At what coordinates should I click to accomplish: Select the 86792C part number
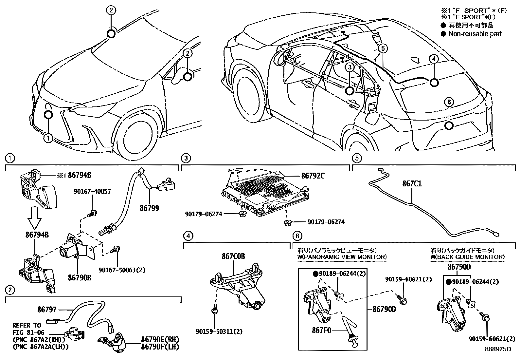point(313,176)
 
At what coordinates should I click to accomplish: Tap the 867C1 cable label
point(412,184)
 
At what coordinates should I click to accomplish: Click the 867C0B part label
point(233,256)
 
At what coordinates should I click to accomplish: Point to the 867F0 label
point(321,331)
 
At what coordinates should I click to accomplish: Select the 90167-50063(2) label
point(122,270)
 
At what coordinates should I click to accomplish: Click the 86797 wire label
point(47,309)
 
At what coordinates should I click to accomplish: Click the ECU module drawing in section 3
point(265,195)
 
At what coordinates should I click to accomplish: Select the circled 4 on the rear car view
point(433,59)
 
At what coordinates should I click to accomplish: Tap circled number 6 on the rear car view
point(449,102)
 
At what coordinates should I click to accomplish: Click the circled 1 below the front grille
point(48,138)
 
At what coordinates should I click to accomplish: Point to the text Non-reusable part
point(475,34)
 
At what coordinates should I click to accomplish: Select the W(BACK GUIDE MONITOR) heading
point(467,257)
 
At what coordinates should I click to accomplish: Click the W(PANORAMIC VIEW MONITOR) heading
point(342,257)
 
